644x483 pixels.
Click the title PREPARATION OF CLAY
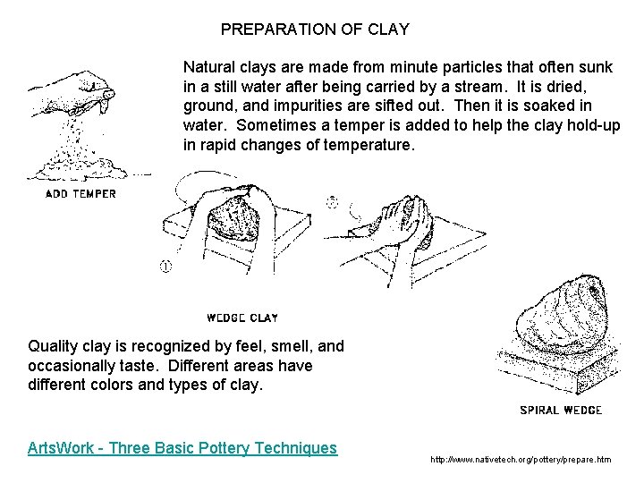[315, 30]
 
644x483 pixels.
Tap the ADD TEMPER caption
[81, 192]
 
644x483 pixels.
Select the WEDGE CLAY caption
[241, 317]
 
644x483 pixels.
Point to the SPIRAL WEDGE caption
[561, 411]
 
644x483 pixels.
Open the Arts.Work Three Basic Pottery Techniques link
[182, 447]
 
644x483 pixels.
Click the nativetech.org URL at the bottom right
[521, 460]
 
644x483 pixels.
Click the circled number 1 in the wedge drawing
[165, 265]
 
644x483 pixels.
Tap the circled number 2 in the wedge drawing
[332, 203]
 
